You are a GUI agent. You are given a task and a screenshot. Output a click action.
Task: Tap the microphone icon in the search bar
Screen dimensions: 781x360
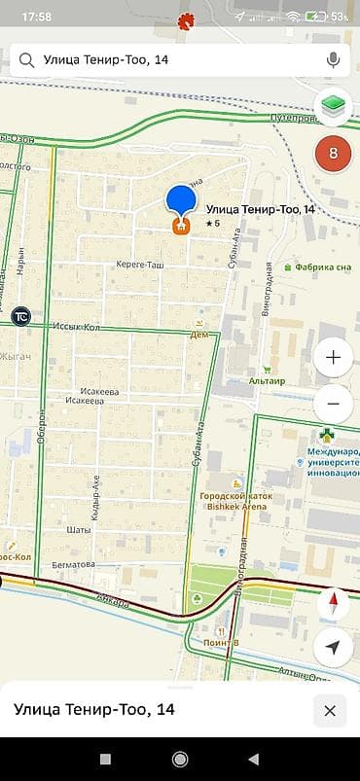pos(334,60)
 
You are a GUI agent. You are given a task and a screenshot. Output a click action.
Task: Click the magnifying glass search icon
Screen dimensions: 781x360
pos(26,60)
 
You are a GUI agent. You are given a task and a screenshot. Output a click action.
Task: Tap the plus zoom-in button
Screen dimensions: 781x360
pos(334,358)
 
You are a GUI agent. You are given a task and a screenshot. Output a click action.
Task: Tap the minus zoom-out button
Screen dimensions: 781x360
pos(334,403)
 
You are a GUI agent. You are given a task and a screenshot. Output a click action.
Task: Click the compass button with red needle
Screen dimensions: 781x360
pos(334,603)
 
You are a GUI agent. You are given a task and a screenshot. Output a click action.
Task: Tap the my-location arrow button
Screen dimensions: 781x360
pos(334,648)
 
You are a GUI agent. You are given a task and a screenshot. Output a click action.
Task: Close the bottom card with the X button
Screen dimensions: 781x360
pos(330,711)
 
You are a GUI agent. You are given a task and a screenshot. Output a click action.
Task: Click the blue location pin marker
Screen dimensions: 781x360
pos(181,202)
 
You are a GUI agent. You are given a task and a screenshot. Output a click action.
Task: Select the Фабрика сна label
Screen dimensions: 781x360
pos(316,266)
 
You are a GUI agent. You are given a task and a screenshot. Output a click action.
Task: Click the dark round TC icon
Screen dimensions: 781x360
pos(20,316)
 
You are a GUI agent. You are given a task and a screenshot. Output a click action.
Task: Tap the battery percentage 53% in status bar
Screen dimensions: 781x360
pos(340,17)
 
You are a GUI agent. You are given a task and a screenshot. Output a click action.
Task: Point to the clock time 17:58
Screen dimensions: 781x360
pos(36,17)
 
